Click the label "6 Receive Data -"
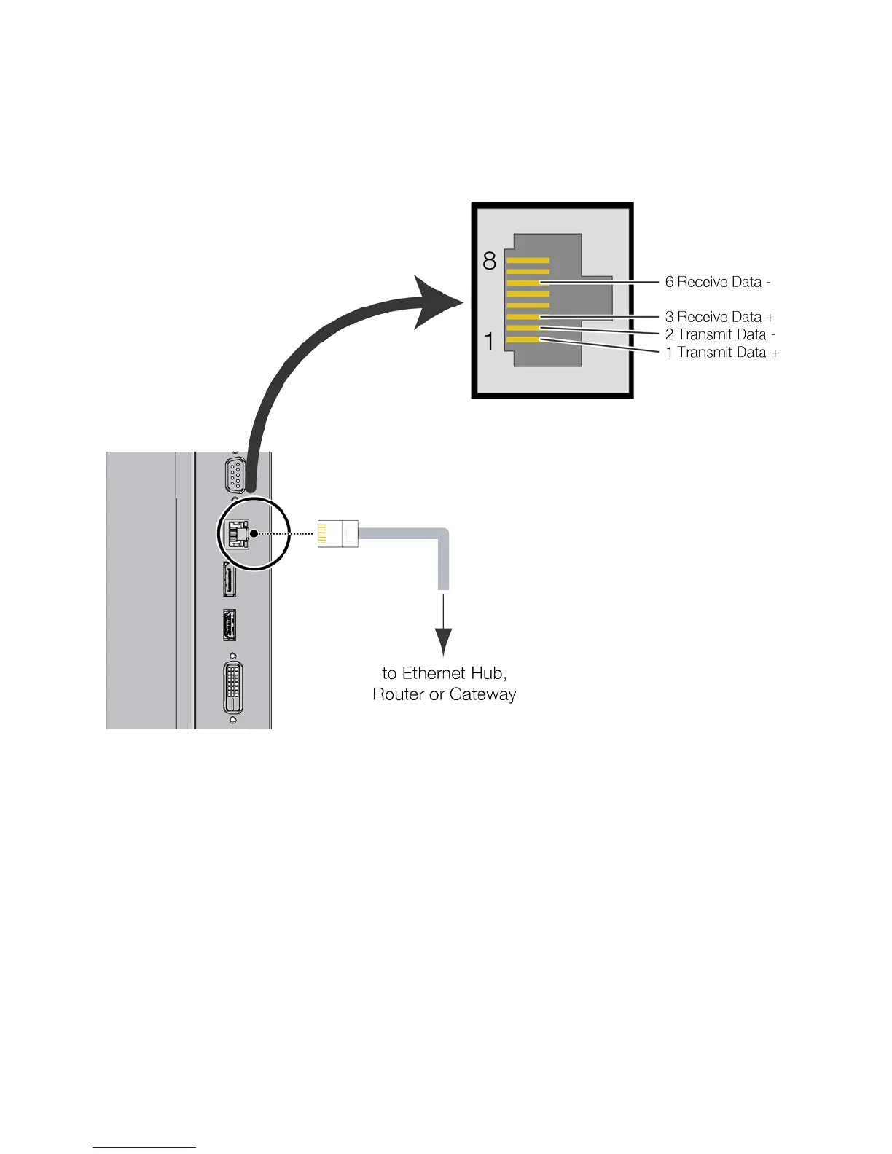[717, 282]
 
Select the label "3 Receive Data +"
[719, 317]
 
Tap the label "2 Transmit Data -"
[720, 334]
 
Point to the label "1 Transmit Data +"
[722, 353]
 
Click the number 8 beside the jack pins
[490, 261]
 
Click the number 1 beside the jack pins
[490, 340]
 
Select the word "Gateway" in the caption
[482, 694]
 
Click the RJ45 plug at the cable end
[338, 533]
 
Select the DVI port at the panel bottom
[232, 688]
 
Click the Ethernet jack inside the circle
[236, 534]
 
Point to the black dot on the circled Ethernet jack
[252, 533]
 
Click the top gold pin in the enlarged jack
[528, 260]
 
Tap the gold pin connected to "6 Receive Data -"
[528, 283]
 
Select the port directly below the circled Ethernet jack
[230, 581]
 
